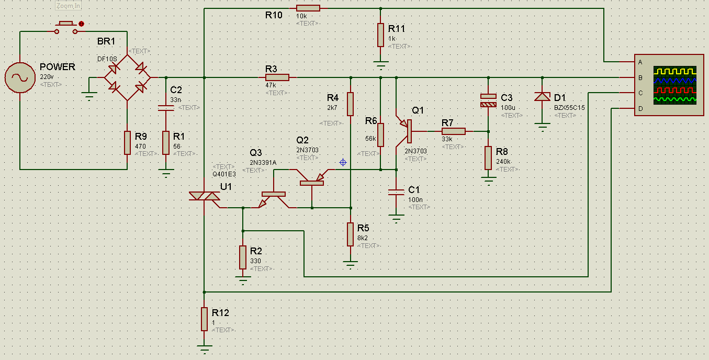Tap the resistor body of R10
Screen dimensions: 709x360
(308, 8)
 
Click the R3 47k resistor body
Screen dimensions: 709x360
(277, 77)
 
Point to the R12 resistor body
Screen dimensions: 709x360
(205, 319)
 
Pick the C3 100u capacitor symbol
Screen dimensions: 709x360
(488, 100)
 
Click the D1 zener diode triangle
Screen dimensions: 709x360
(542, 97)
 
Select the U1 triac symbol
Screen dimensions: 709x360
(205, 196)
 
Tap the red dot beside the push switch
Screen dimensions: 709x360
(81, 24)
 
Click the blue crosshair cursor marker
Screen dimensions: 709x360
(343, 162)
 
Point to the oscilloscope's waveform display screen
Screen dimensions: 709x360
(675, 85)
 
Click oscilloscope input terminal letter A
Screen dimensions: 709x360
(640, 62)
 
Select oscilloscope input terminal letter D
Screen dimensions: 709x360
(640, 109)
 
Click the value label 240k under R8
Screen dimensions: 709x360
(503, 162)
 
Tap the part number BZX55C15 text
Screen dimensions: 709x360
(569, 108)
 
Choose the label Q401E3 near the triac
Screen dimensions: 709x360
(224, 174)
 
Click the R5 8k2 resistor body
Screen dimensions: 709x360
(351, 234)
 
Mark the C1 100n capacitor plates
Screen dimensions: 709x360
(396, 192)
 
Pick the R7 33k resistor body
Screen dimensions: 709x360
(454, 131)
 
